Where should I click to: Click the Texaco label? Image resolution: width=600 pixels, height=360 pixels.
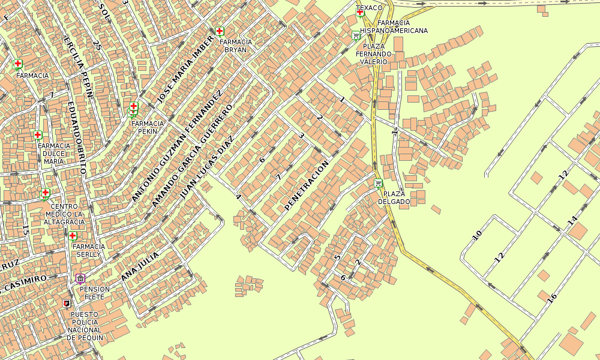(369, 8)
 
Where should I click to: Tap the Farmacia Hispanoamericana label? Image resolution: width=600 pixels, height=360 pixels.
(394, 26)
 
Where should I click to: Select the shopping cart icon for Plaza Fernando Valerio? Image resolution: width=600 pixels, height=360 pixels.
(356, 35)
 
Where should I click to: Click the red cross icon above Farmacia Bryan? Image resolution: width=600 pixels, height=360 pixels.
(220, 31)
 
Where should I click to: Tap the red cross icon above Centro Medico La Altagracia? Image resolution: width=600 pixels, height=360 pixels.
(45, 193)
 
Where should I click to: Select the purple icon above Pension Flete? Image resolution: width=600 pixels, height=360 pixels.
(80, 278)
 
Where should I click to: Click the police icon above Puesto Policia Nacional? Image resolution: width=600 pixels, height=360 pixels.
(67, 304)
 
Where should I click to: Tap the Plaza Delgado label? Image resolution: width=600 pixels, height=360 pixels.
(394, 198)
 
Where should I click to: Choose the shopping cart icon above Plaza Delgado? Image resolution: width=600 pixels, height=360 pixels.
(378, 184)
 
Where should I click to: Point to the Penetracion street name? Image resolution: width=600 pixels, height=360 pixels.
(307, 185)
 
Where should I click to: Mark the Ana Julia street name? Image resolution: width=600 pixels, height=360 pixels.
(140, 266)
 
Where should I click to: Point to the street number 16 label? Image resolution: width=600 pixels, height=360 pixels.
(552, 297)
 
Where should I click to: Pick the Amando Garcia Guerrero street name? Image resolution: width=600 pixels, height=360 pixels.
(191, 155)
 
